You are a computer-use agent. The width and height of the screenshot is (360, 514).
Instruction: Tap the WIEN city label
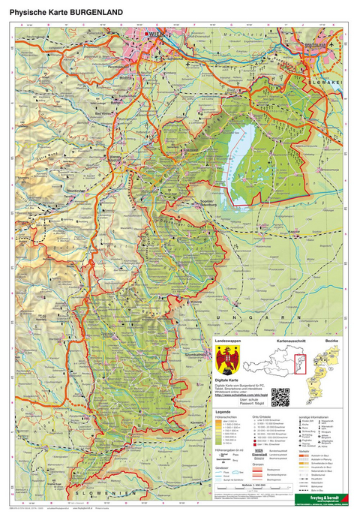tap(155, 35)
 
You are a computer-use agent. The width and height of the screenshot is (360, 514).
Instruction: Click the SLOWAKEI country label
tap(331, 77)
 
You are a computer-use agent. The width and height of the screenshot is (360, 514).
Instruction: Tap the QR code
tap(279, 395)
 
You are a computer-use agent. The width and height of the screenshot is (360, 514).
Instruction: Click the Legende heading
tap(223, 412)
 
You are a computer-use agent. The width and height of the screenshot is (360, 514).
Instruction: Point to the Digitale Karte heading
tap(229, 381)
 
